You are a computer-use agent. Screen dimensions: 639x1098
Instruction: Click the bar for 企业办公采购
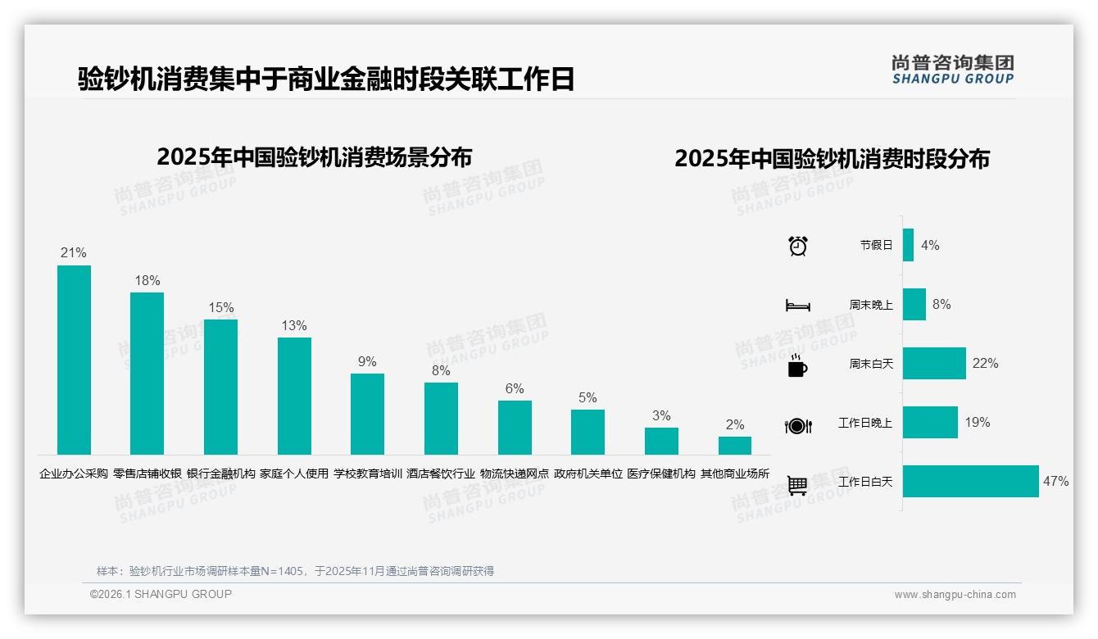click(74, 360)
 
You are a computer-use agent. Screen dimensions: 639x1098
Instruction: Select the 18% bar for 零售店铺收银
click(147, 374)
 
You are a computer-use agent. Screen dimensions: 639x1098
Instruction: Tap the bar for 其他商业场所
click(735, 446)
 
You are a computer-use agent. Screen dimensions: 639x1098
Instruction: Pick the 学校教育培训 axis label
click(368, 474)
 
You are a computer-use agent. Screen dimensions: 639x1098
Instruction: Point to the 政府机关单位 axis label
click(588, 474)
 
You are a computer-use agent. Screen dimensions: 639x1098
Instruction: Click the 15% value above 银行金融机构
click(221, 308)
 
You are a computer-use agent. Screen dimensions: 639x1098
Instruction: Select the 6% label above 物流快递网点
click(515, 389)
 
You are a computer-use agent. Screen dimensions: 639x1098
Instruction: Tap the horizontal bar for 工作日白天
click(970, 482)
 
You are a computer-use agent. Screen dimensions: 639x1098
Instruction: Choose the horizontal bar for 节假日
click(908, 245)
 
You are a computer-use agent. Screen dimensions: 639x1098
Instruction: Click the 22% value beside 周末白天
click(986, 364)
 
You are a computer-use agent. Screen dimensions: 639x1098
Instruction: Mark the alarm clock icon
click(798, 246)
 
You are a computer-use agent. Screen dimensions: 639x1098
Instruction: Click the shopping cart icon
click(797, 485)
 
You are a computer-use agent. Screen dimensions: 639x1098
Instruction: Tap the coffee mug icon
click(797, 365)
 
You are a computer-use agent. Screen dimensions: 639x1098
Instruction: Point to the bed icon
click(797, 306)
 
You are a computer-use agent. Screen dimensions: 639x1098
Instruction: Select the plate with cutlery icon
click(797, 425)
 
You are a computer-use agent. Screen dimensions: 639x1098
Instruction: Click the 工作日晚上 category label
click(864, 423)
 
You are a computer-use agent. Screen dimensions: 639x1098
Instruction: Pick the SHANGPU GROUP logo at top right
click(953, 69)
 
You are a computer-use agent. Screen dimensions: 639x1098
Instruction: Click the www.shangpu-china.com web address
click(955, 595)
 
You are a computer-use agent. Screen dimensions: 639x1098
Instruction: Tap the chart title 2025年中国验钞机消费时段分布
click(832, 159)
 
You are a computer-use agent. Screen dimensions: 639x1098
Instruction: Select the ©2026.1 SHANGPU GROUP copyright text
click(161, 594)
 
